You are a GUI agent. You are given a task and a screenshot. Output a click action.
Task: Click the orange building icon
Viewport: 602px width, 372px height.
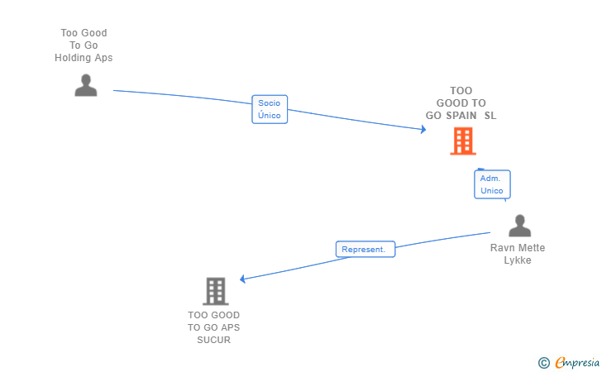(x=463, y=141)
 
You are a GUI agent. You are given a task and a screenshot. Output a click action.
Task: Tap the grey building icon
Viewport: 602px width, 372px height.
(x=215, y=291)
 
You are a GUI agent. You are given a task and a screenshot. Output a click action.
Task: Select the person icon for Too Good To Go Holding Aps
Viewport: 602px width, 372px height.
(x=86, y=85)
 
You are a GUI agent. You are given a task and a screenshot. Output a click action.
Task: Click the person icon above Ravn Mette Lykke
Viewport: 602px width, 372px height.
(x=519, y=226)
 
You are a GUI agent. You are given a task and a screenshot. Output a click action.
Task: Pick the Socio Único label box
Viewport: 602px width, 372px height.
(x=270, y=109)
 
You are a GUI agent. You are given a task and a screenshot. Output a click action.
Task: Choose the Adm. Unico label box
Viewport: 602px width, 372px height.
(x=491, y=184)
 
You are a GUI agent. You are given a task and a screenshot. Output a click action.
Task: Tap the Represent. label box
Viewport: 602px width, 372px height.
(x=365, y=249)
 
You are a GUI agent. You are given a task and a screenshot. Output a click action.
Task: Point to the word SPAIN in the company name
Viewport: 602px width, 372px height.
(x=462, y=116)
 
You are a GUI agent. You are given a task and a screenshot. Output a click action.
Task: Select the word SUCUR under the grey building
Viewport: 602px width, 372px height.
(x=214, y=340)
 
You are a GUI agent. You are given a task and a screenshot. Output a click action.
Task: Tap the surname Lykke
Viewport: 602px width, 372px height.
(x=518, y=260)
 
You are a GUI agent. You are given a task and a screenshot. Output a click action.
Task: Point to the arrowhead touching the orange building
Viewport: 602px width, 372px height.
(x=422, y=129)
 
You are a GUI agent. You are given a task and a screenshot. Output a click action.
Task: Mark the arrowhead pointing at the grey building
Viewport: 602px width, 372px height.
(x=244, y=279)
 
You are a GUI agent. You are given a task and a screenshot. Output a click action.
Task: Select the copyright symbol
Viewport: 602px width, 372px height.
(x=543, y=362)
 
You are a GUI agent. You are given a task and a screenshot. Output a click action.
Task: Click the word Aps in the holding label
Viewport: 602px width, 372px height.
(x=103, y=58)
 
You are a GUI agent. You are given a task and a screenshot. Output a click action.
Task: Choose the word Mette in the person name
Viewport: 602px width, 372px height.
(x=532, y=248)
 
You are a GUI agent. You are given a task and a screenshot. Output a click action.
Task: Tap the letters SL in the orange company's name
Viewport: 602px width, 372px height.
(x=490, y=116)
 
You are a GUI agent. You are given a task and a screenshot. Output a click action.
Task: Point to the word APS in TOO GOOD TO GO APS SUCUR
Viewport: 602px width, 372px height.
(x=229, y=327)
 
